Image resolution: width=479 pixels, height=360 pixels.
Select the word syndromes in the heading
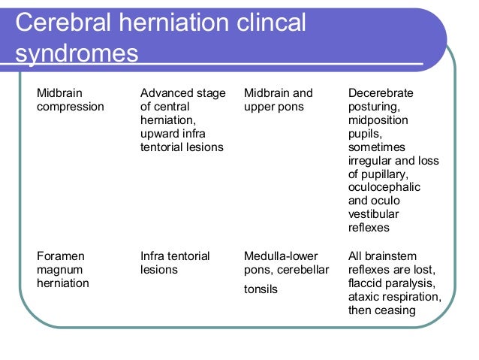click(x=77, y=54)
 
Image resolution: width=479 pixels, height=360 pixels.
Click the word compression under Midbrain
click(x=71, y=107)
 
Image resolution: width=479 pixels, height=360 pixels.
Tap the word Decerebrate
click(x=381, y=93)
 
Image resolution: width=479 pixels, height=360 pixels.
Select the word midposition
click(x=378, y=120)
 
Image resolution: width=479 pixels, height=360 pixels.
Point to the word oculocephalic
click(x=384, y=188)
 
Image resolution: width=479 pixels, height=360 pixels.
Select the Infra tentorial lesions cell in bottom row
click(x=175, y=263)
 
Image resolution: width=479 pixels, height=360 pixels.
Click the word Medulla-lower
click(x=285, y=256)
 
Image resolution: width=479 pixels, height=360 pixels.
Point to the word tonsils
click(x=261, y=289)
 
